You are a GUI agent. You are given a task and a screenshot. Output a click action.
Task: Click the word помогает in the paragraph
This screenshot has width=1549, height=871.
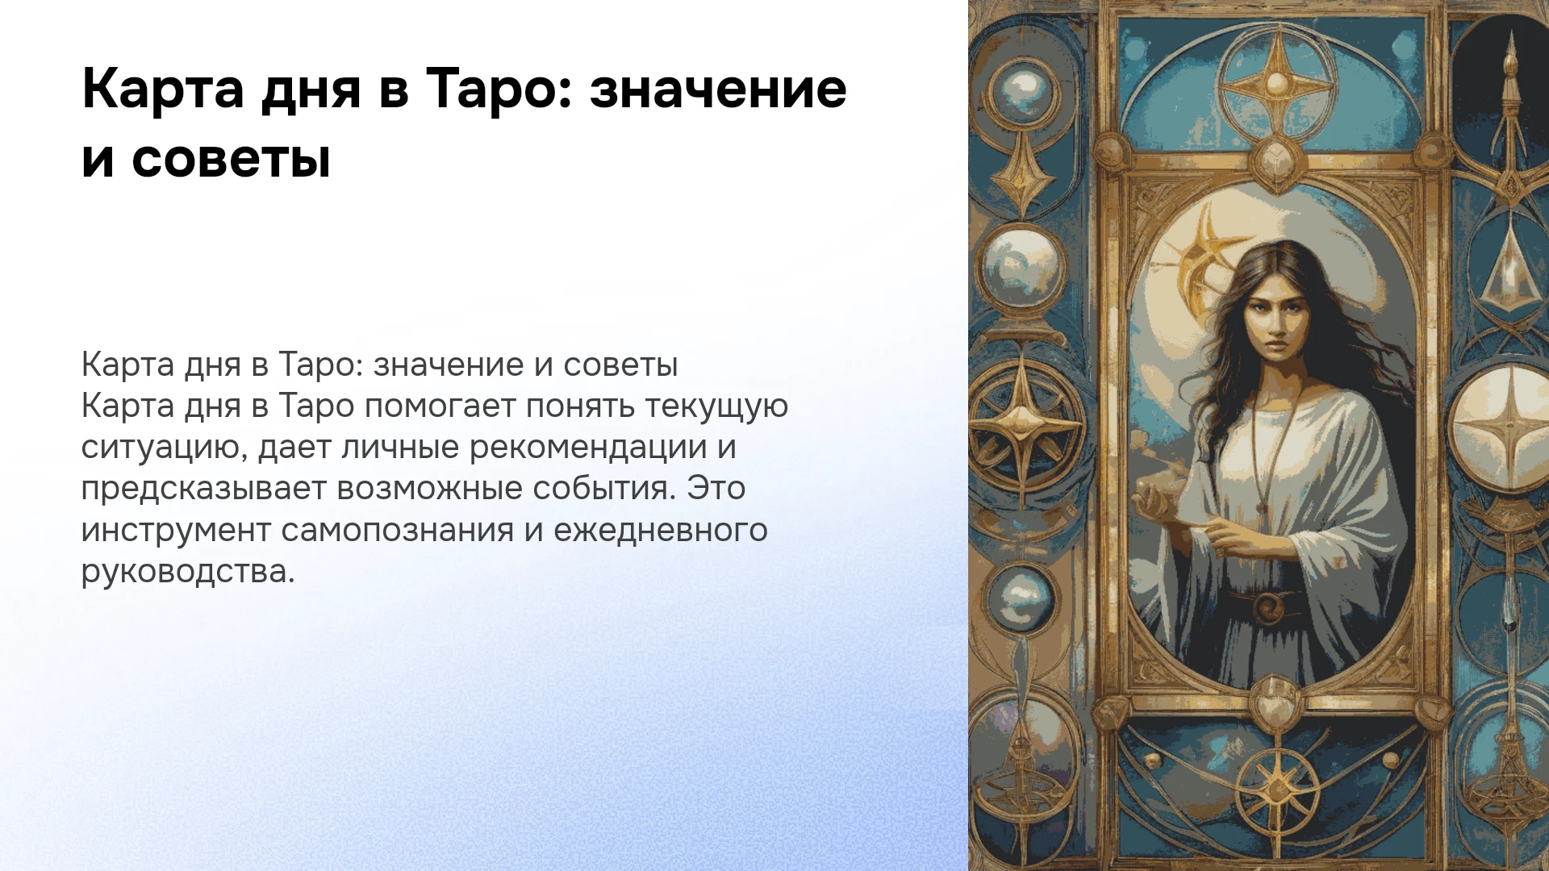(x=440, y=406)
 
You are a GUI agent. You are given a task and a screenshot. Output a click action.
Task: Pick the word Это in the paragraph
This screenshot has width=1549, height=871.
(x=716, y=489)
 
